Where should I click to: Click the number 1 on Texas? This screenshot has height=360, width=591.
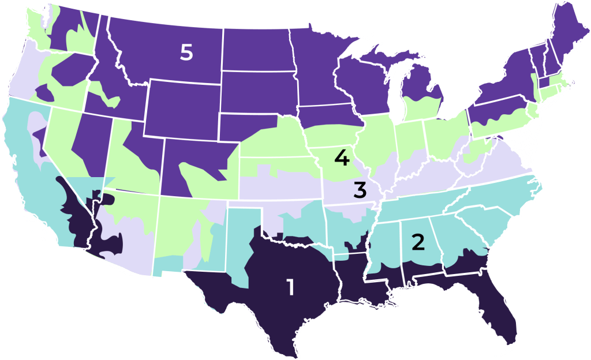(290, 287)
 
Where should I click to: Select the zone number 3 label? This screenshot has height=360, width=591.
(360, 189)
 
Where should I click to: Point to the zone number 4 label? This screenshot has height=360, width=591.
(345, 157)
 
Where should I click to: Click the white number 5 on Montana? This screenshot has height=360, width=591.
(186, 52)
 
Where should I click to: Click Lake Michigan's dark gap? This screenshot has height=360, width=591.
(398, 92)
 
